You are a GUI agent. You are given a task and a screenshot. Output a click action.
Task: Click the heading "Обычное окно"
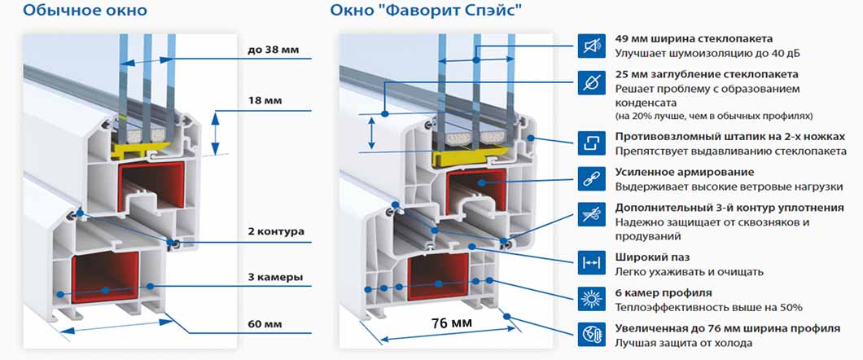85,10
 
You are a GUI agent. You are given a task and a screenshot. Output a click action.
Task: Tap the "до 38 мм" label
272,50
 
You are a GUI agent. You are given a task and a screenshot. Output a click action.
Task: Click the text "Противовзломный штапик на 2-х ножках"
729,137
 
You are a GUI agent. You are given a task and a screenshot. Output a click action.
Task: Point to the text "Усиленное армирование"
685,173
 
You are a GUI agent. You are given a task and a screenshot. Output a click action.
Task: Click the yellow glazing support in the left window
140,147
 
